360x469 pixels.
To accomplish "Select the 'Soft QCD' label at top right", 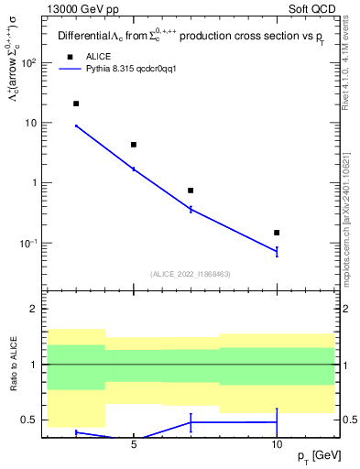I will pos(312,8).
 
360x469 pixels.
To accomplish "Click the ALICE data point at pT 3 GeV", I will pos(76,104).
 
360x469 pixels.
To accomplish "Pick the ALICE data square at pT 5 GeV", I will pos(134,145).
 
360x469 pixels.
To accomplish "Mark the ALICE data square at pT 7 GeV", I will pos(191,191).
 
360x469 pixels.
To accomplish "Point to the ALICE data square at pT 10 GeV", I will pos(277,233).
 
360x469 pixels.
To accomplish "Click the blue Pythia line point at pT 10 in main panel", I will pos(277,251).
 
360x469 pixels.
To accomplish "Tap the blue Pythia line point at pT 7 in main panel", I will pos(191,210).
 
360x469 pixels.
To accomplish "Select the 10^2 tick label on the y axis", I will pos(28,63).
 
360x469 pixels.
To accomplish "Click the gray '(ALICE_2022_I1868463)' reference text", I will pos(190,274).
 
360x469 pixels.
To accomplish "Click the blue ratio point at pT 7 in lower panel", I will pos(191,422).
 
